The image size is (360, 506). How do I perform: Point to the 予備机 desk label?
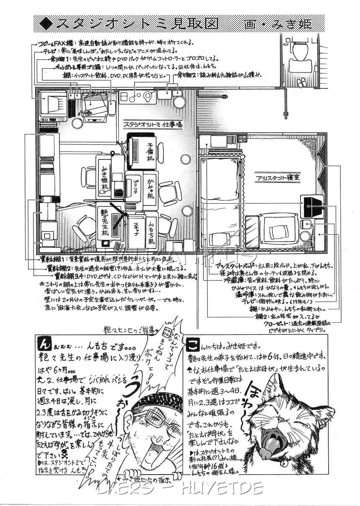(x=150, y=153)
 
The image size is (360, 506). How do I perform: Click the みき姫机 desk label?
(x=104, y=179)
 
